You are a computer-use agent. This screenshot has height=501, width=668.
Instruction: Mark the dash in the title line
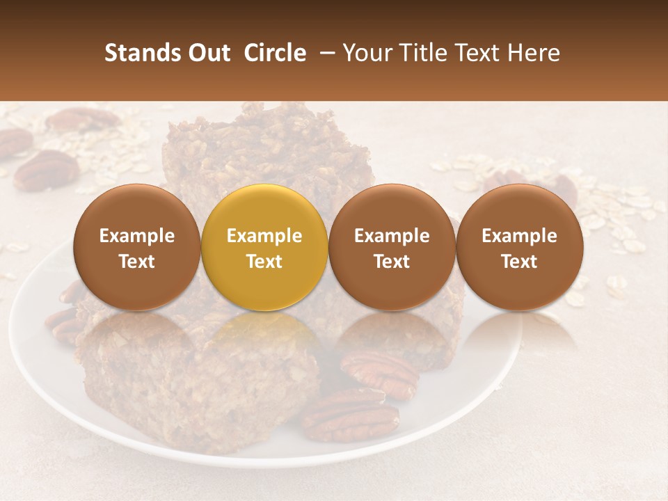(x=324, y=53)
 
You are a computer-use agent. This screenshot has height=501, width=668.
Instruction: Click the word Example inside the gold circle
(x=264, y=236)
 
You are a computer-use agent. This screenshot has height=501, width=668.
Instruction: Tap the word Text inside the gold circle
(x=264, y=262)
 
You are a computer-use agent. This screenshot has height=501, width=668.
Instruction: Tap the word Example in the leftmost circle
(x=136, y=236)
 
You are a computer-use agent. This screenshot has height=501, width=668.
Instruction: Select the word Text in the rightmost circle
(x=520, y=262)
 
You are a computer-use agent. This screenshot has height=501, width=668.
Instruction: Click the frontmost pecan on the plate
(x=350, y=415)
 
